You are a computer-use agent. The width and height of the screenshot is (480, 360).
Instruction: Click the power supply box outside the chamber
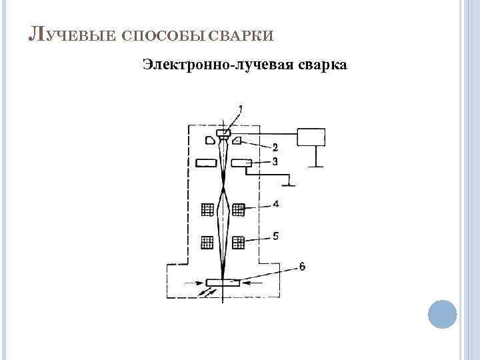(311, 137)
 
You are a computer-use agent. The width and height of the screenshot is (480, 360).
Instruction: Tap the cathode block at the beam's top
(223, 133)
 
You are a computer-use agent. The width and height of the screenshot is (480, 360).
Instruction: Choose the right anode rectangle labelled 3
(240, 163)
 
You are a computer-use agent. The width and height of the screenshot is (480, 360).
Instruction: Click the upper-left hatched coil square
(207, 209)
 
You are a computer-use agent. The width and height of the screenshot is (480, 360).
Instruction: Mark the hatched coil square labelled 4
(239, 209)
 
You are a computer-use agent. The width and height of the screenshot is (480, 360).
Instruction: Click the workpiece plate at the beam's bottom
(223, 283)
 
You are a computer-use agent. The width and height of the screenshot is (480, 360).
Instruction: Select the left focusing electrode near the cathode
(210, 140)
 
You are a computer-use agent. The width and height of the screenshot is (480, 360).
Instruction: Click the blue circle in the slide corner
(441, 313)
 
